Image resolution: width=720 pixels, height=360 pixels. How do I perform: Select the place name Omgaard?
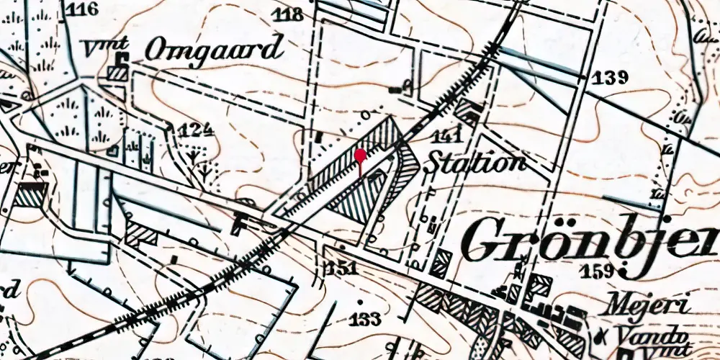tap(212, 50)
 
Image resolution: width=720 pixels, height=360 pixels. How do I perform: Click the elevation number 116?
tap(84, 9)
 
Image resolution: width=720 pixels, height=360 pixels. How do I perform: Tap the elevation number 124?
tap(198, 130)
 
